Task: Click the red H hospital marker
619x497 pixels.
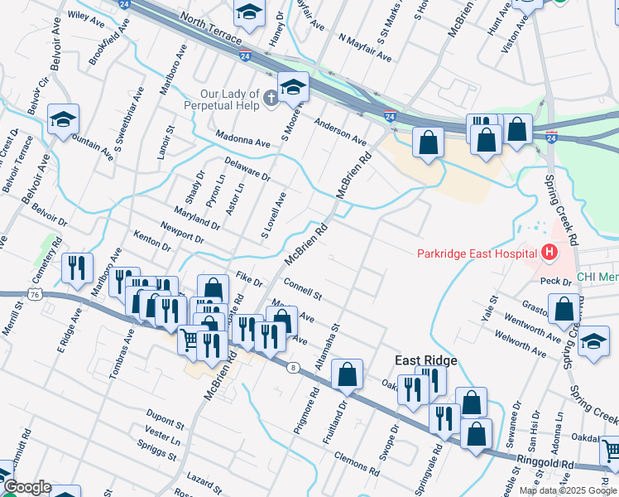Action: [548, 253]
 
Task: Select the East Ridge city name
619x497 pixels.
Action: [425, 360]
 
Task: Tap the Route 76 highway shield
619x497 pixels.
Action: [34, 294]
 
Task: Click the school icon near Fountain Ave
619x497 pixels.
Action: [63, 121]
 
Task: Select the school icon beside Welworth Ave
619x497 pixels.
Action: [593, 343]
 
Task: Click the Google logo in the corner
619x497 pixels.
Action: [26, 487]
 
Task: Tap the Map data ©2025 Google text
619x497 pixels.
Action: [568, 490]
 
